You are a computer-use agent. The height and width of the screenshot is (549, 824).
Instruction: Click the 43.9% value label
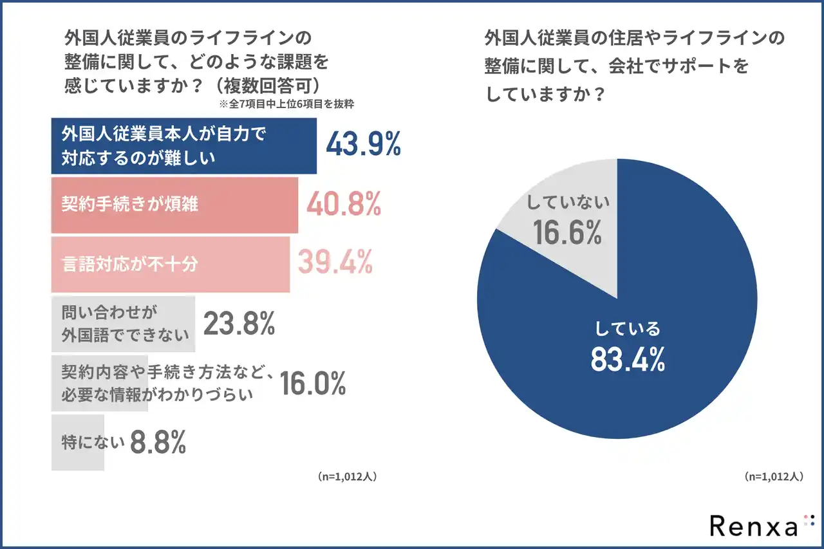click(x=363, y=145)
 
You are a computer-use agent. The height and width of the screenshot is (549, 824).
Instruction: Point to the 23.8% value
click(x=239, y=324)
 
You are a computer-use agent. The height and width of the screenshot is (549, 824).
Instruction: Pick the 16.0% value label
click(x=313, y=384)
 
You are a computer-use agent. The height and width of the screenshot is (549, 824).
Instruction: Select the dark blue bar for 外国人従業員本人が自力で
click(x=184, y=146)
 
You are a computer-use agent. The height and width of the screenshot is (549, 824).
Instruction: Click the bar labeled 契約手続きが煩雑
click(x=174, y=205)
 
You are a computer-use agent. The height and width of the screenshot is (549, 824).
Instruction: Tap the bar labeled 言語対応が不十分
click(x=171, y=264)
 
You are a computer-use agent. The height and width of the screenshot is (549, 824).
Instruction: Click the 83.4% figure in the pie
click(x=628, y=360)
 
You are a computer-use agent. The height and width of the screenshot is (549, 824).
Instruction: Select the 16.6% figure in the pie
click(x=567, y=232)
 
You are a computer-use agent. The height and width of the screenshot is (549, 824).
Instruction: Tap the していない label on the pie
click(x=567, y=203)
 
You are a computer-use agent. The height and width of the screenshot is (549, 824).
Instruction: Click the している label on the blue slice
click(x=628, y=329)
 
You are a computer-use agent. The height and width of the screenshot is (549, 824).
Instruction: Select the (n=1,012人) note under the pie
click(x=773, y=477)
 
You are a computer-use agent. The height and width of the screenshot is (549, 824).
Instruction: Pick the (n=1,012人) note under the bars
click(x=346, y=477)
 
